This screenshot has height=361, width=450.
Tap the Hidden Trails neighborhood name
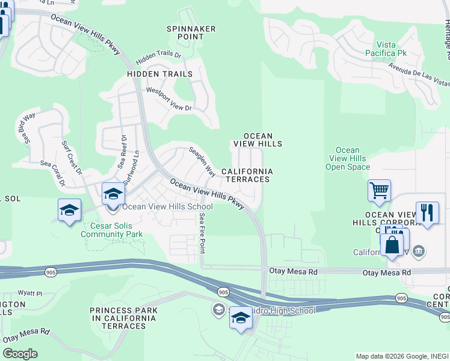(x=159, y=74)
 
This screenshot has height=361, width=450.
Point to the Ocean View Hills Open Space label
(x=348, y=159)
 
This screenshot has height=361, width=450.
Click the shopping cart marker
(x=379, y=191)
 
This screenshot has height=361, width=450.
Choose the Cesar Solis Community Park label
(x=111, y=230)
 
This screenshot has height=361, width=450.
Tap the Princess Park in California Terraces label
(x=123, y=318)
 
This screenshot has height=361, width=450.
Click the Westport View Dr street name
(x=168, y=99)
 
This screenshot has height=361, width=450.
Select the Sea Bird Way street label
(x=25, y=126)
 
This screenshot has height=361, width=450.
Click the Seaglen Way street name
(x=203, y=162)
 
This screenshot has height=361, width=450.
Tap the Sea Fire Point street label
(x=203, y=233)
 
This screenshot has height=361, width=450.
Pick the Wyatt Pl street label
(x=30, y=294)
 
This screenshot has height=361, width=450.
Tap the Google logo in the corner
(x=20, y=354)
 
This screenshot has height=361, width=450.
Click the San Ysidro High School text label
(x=270, y=310)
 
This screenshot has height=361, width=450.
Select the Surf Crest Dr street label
(x=71, y=157)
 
